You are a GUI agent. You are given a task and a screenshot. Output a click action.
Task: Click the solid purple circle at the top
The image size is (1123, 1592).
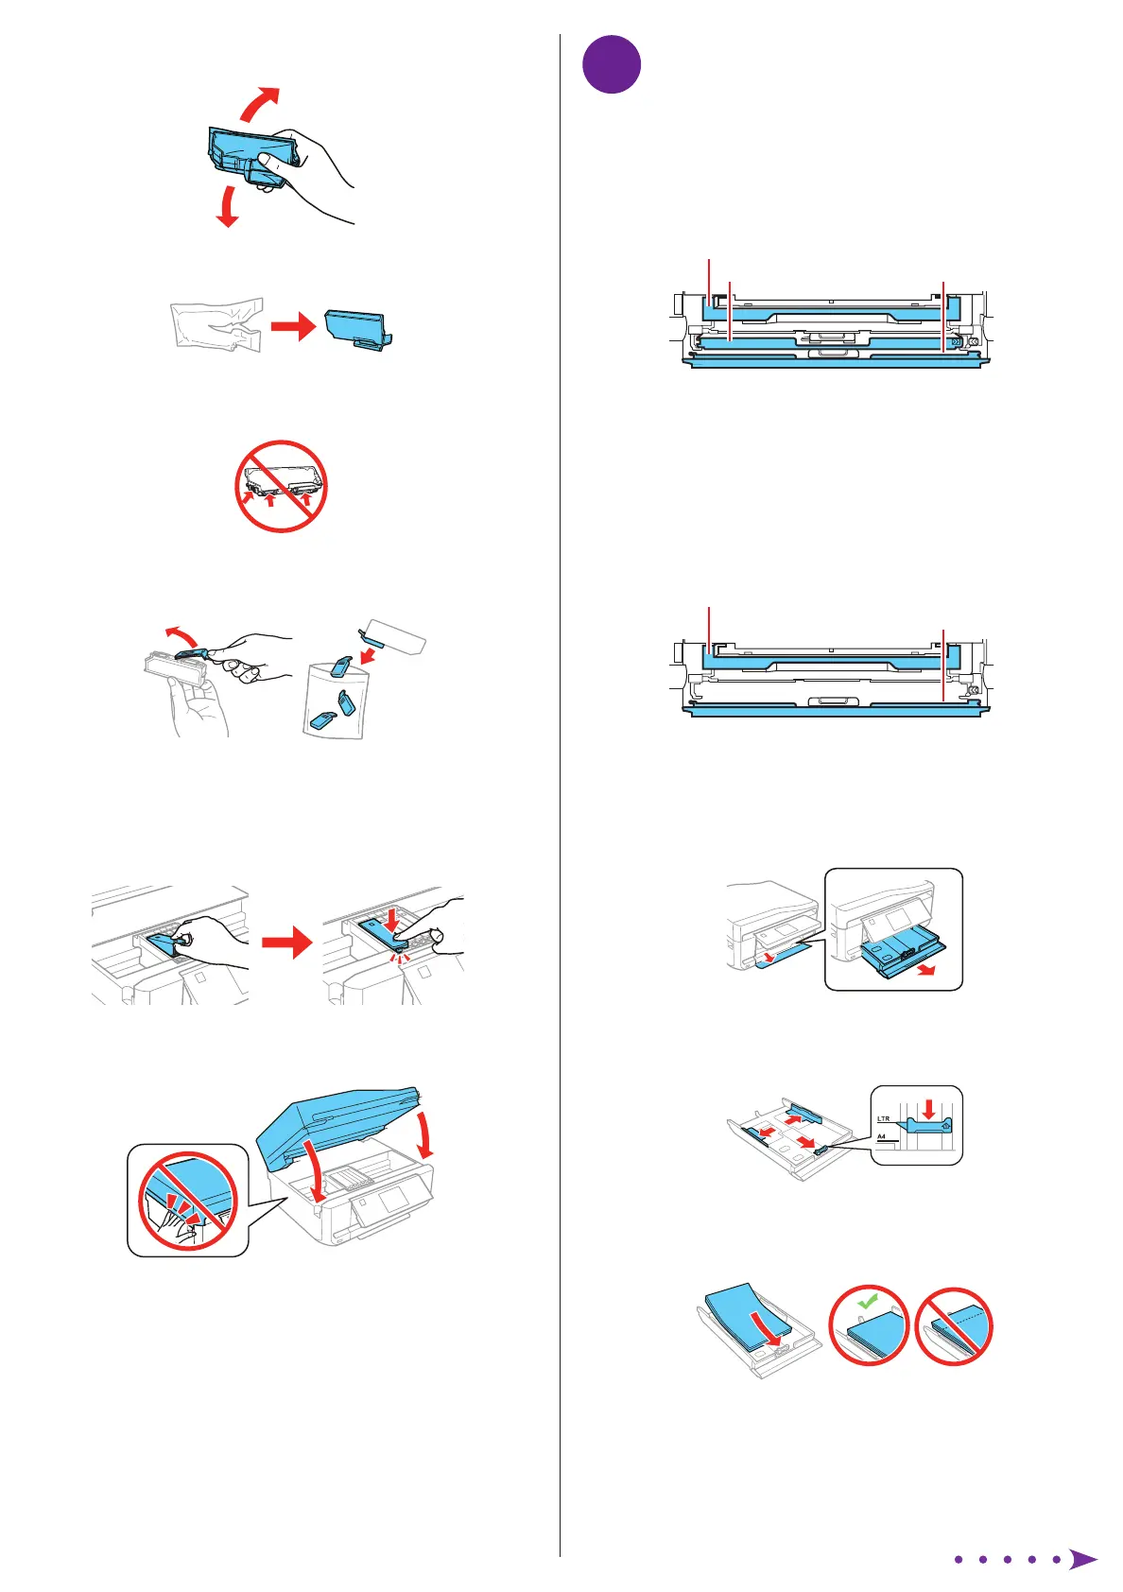(x=612, y=64)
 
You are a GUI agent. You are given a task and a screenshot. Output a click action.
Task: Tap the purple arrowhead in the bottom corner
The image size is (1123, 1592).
(x=1083, y=1559)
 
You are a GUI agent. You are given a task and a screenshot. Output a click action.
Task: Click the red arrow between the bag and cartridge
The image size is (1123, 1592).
(x=292, y=328)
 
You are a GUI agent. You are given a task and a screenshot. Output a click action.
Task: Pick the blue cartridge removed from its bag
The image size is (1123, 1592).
(x=356, y=328)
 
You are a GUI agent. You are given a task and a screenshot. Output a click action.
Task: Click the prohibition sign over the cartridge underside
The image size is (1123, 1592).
(x=281, y=486)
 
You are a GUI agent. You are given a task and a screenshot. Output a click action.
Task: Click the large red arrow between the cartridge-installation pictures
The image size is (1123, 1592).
(x=286, y=942)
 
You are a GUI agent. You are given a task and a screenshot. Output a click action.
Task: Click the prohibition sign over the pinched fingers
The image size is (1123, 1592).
(x=187, y=1201)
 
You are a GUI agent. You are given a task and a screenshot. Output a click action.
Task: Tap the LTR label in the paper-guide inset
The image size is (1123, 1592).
(x=883, y=1118)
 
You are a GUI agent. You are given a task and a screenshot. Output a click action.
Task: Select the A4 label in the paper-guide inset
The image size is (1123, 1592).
(x=881, y=1137)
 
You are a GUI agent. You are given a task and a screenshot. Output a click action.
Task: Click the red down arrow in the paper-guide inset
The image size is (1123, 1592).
(x=929, y=1107)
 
